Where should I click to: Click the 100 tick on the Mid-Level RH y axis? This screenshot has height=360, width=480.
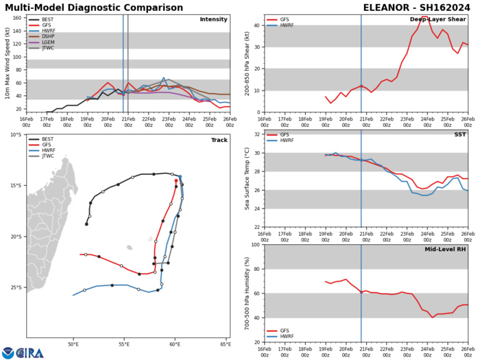[255, 245]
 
